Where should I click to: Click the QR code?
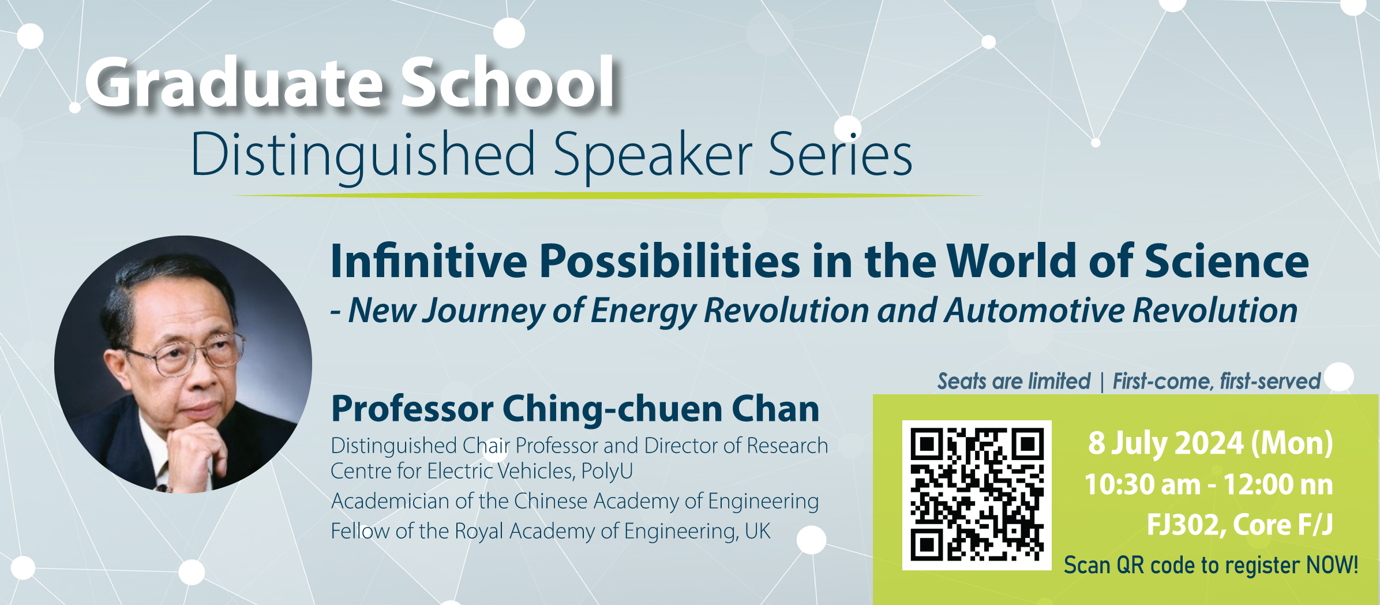[977, 495]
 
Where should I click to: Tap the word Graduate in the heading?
[234, 82]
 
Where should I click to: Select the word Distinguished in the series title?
[363, 154]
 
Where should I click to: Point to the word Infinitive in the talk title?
[429, 260]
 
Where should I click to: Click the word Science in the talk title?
[1227, 260]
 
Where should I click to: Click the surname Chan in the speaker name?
[775, 409]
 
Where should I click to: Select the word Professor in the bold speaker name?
[412, 409]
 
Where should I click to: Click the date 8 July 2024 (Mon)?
[1210, 443]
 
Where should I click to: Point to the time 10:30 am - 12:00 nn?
[1209, 484]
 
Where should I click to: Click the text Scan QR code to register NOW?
[1210, 565]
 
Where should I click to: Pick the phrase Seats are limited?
[1014, 381]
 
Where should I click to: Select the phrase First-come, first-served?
[1216, 381]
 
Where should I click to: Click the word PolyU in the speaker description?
[607, 471]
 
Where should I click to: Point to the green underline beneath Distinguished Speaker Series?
[607, 196]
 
